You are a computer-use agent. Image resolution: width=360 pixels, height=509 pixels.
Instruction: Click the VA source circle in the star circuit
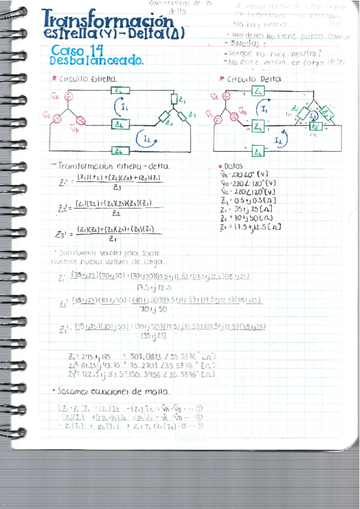(x=68, y=96)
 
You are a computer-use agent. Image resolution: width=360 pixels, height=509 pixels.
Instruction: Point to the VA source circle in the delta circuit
(x=226, y=96)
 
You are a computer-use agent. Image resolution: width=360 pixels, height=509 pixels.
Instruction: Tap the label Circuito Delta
(x=250, y=79)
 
